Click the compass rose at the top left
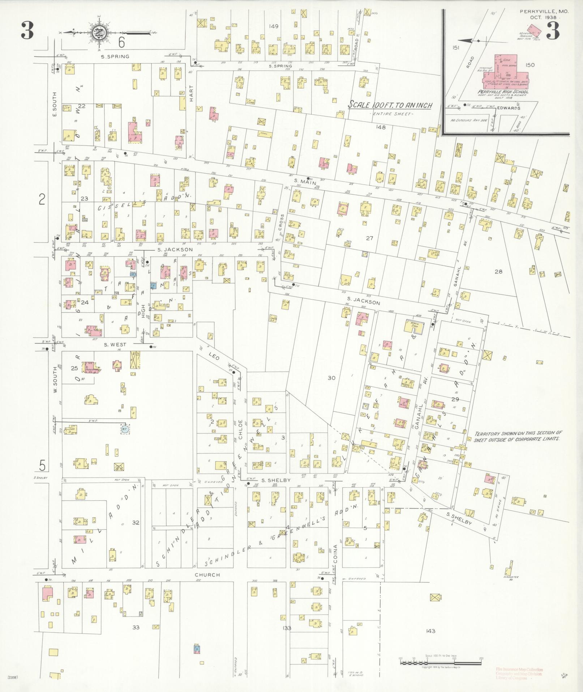(99, 32)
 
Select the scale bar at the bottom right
(441, 663)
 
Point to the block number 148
(381, 127)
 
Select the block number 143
(430, 631)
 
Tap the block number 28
(498, 272)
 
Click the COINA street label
(336, 553)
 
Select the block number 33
(136, 627)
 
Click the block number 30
(331, 378)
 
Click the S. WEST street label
(115, 344)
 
